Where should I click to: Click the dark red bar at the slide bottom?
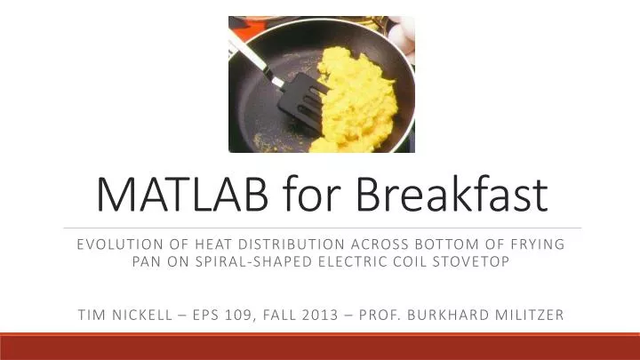(320, 347)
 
